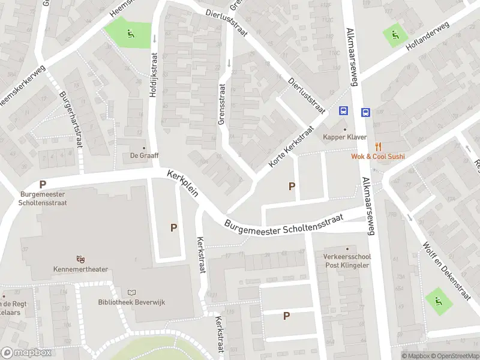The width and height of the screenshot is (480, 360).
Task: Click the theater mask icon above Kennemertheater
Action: point(80,259)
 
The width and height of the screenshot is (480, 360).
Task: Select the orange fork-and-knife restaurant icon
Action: point(378,146)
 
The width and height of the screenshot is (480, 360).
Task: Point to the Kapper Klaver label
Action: point(344,137)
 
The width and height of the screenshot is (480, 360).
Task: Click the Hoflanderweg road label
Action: point(428,37)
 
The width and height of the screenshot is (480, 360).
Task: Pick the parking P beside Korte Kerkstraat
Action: point(292,186)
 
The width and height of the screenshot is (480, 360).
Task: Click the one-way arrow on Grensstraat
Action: point(229,63)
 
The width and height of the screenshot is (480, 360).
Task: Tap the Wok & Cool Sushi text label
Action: point(378,157)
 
